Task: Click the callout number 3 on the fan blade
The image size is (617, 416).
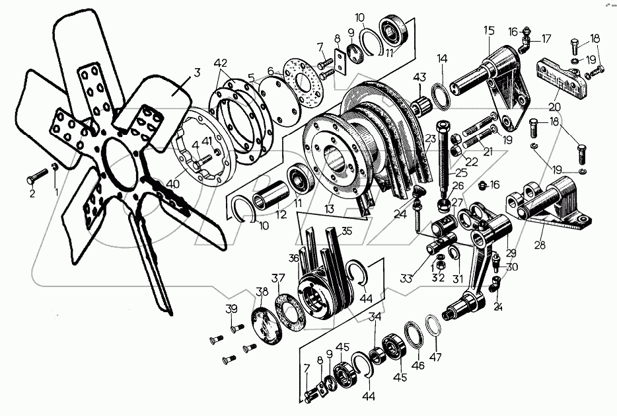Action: click(197, 73)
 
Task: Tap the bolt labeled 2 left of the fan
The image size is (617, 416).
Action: click(37, 176)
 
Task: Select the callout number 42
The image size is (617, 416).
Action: click(221, 63)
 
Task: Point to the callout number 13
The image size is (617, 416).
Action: click(330, 209)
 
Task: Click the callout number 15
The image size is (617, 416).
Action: click(489, 30)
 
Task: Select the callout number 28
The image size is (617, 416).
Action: click(540, 245)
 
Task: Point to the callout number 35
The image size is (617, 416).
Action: click(346, 231)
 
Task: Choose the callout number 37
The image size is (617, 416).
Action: click(278, 278)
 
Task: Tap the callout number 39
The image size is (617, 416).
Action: click(232, 310)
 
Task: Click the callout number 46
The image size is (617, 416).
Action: click(418, 365)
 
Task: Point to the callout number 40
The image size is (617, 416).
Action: click(173, 185)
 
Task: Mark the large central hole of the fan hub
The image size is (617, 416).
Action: click(119, 165)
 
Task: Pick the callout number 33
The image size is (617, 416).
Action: click(406, 278)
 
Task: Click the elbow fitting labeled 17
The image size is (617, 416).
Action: click(525, 44)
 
